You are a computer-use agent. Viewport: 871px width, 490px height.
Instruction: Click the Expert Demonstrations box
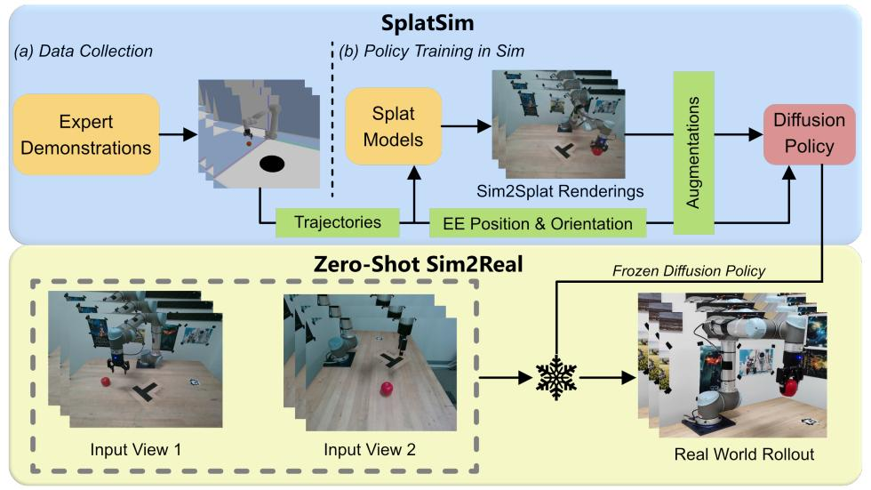click(87, 134)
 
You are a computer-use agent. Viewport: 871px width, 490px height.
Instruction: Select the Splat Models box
click(393, 126)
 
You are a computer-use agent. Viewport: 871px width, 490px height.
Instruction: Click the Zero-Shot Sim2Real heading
click(435, 264)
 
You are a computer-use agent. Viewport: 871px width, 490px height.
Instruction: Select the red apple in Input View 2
click(388, 390)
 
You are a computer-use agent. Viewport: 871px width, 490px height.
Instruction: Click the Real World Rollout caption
click(745, 455)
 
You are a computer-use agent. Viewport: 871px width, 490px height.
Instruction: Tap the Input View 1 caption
click(135, 449)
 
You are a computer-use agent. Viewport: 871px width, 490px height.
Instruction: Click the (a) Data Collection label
click(84, 51)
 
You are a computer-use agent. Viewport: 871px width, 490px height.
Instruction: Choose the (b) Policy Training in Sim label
click(432, 51)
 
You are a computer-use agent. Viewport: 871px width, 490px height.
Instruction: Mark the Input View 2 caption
click(369, 449)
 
